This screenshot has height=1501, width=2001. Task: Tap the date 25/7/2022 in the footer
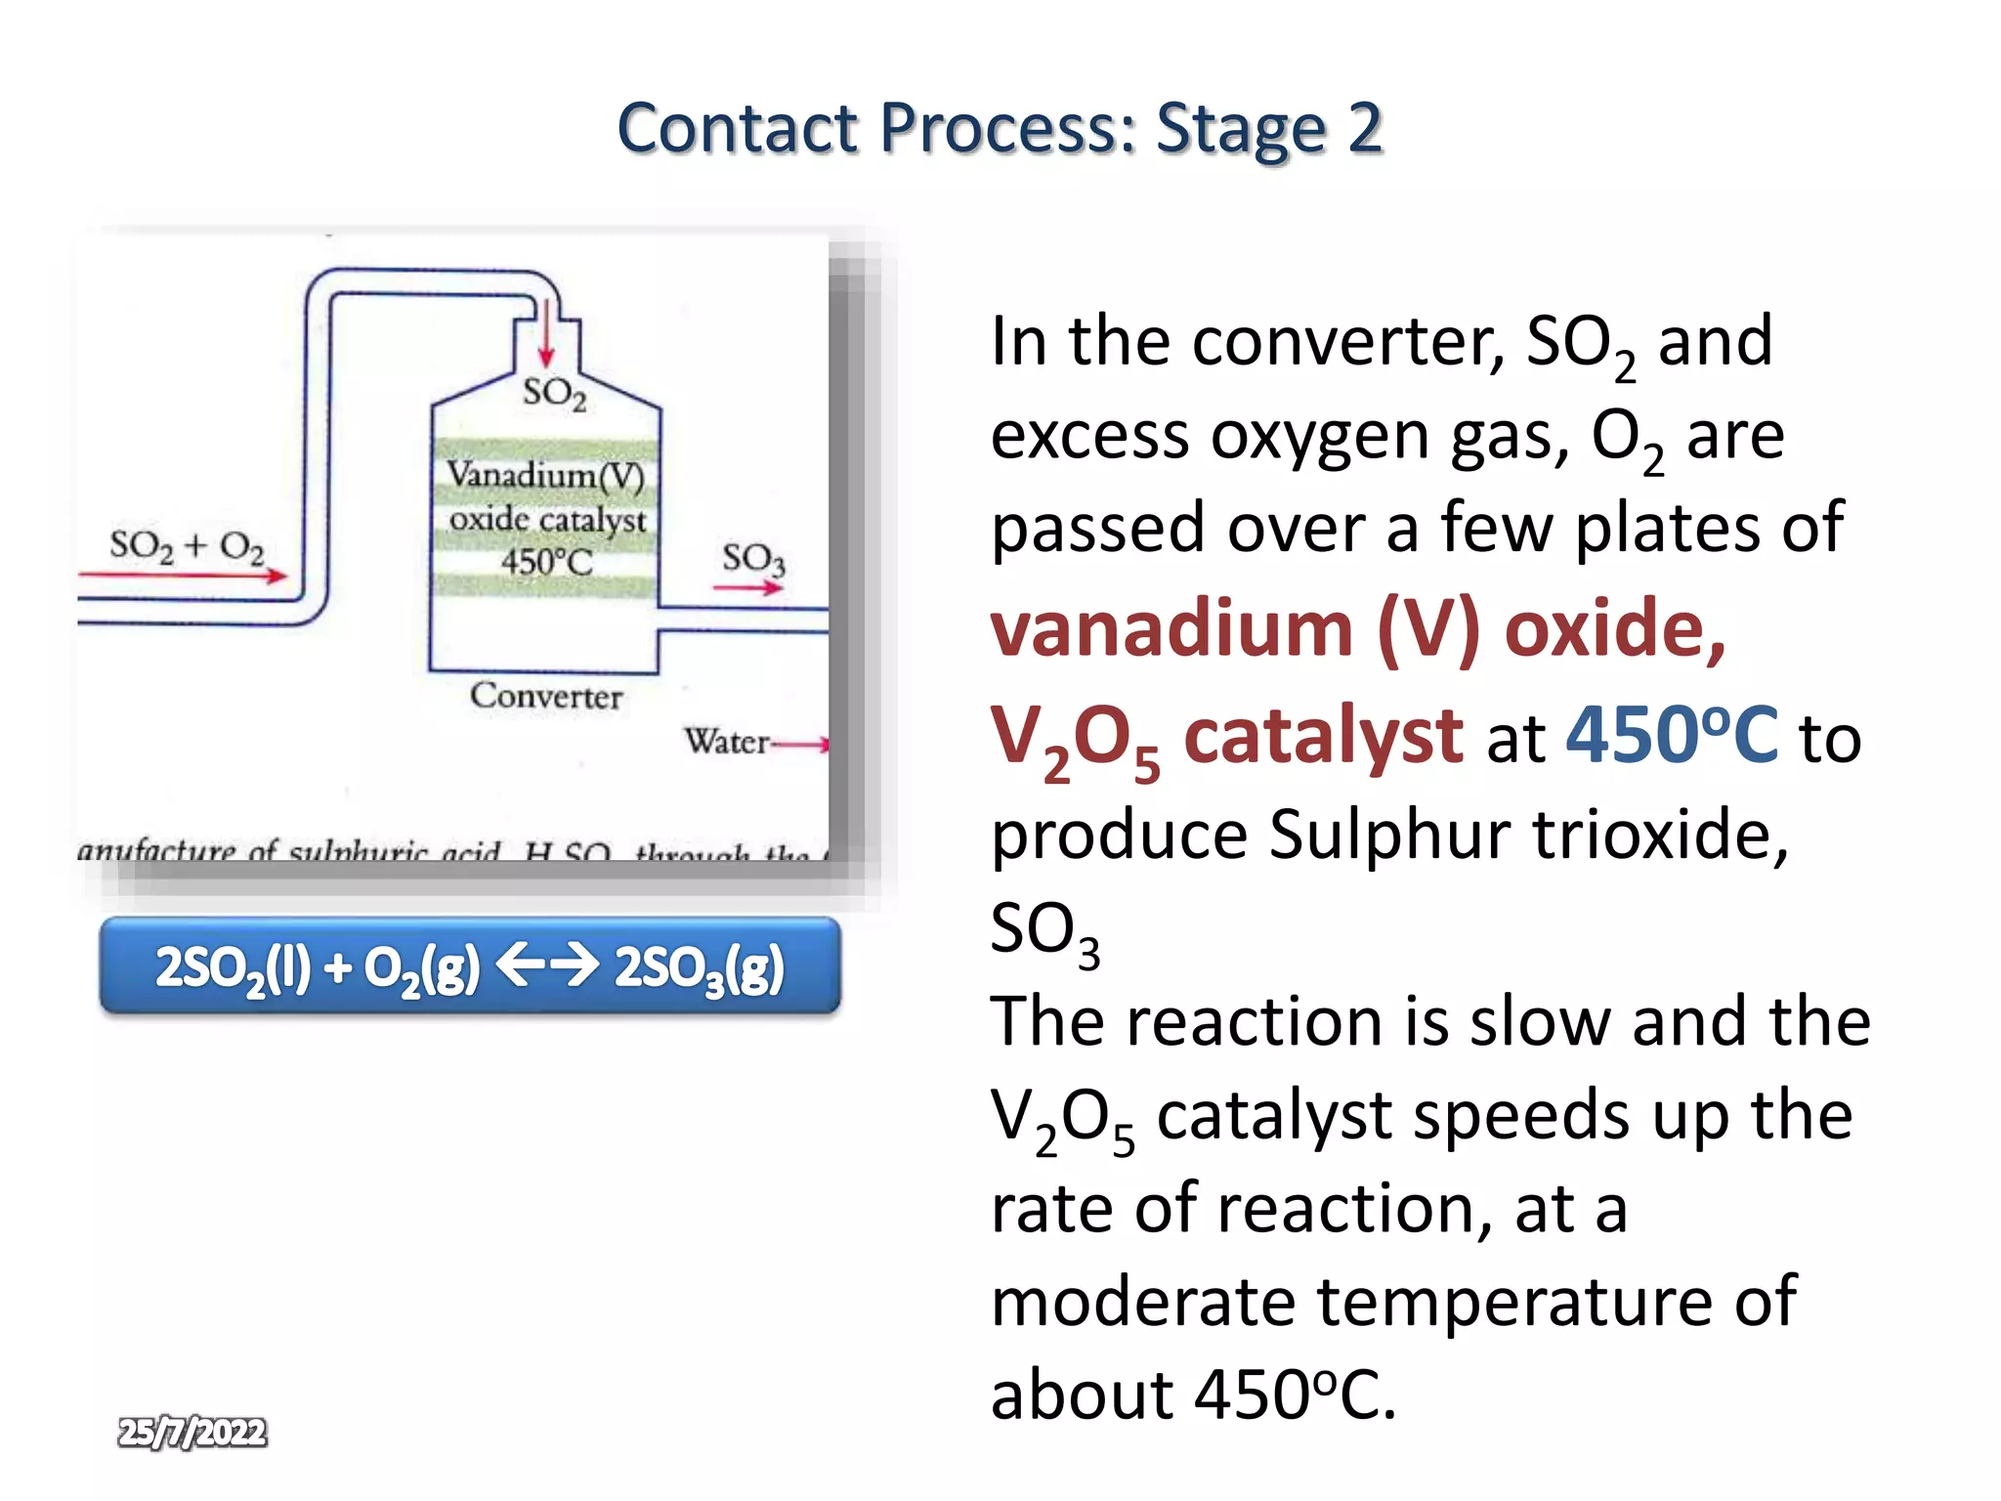(192, 1433)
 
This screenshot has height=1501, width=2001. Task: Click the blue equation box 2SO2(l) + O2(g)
(470, 965)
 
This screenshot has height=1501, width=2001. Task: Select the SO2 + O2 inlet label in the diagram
(186, 546)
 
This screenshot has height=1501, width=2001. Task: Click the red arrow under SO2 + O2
(186, 576)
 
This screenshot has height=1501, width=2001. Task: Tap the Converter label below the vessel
(545, 696)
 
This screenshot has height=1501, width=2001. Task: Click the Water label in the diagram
(726, 742)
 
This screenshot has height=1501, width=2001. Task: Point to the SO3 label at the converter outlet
(753, 559)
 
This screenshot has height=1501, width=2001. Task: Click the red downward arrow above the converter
(546, 334)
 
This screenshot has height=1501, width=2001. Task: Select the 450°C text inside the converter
(546, 562)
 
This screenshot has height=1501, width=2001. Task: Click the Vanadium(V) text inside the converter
(545, 476)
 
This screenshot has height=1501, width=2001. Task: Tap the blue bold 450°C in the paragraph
(1671, 735)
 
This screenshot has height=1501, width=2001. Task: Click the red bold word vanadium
(1171, 628)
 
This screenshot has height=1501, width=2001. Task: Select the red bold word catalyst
(1323, 735)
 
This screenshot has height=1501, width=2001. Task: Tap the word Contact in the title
(738, 129)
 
